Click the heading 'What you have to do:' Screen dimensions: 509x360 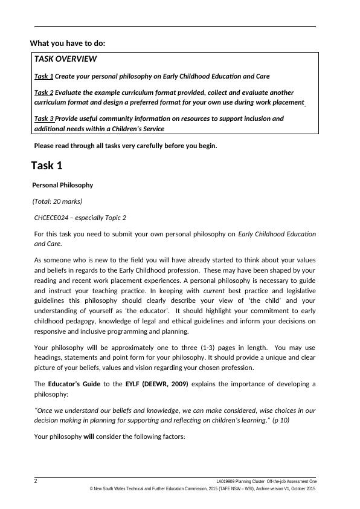coord(71,43)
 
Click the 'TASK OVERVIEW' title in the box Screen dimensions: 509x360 coord(65,59)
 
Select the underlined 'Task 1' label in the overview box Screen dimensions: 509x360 coord(43,77)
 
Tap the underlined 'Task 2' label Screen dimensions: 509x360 coord(43,92)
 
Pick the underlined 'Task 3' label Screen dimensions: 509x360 coord(44,118)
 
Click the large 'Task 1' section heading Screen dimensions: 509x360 coord(47,166)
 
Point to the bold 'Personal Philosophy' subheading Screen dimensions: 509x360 coord(62,185)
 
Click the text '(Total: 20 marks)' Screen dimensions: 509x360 coord(57,201)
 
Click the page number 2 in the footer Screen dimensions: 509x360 coord(36,481)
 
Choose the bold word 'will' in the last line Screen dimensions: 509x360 coord(89,436)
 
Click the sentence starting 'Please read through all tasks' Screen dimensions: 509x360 coord(125,146)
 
